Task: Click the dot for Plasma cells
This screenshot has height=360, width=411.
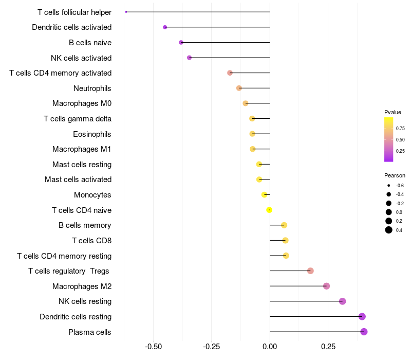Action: click(364, 332)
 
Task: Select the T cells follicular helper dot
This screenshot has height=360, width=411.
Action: click(126, 12)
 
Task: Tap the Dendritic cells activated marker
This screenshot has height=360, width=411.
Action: click(165, 27)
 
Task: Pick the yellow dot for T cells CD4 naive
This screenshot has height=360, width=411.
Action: click(269, 210)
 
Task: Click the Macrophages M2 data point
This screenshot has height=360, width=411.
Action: click(326, 286)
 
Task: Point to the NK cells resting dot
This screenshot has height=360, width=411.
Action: click(343, 301)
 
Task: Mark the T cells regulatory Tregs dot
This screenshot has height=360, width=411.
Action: click(310, 271)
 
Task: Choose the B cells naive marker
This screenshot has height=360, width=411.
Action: click(181, 42)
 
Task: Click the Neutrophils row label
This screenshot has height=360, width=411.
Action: click(92, 88)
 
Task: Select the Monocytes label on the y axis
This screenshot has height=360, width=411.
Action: click(92, 195)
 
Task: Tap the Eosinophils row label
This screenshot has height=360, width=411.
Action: click(92, 134)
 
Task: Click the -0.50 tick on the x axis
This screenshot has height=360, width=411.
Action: click(154, 347)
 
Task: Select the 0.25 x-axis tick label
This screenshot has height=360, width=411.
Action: click(328, 347)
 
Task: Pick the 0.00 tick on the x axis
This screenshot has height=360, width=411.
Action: click(270, 347)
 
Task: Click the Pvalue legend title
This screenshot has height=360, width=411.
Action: click(393, 112)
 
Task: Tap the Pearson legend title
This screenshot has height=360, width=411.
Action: click(395, 175)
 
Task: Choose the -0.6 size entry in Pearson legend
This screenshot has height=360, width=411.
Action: click(389, 185)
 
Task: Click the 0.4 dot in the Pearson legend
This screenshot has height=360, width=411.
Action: click(389, 230)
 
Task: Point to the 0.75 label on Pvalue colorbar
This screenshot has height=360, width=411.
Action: click(400, 128)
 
